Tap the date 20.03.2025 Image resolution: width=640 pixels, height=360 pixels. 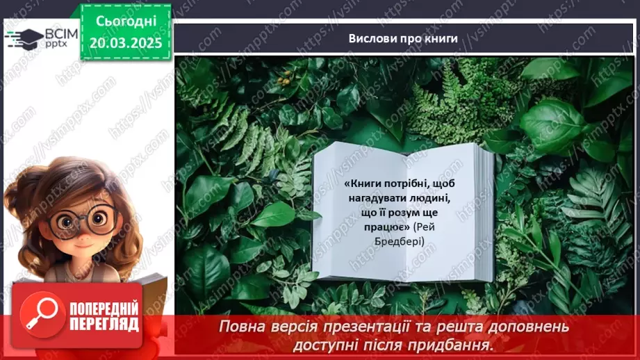click(x=125, y=42)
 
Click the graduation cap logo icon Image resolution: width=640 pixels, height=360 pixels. click(x=22, y=38)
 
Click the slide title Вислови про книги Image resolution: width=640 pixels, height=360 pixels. click(x=403, y=38)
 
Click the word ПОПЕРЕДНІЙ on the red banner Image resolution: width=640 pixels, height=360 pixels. click(x=104, y=310)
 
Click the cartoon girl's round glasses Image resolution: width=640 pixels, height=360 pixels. click(x=82, y=221)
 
